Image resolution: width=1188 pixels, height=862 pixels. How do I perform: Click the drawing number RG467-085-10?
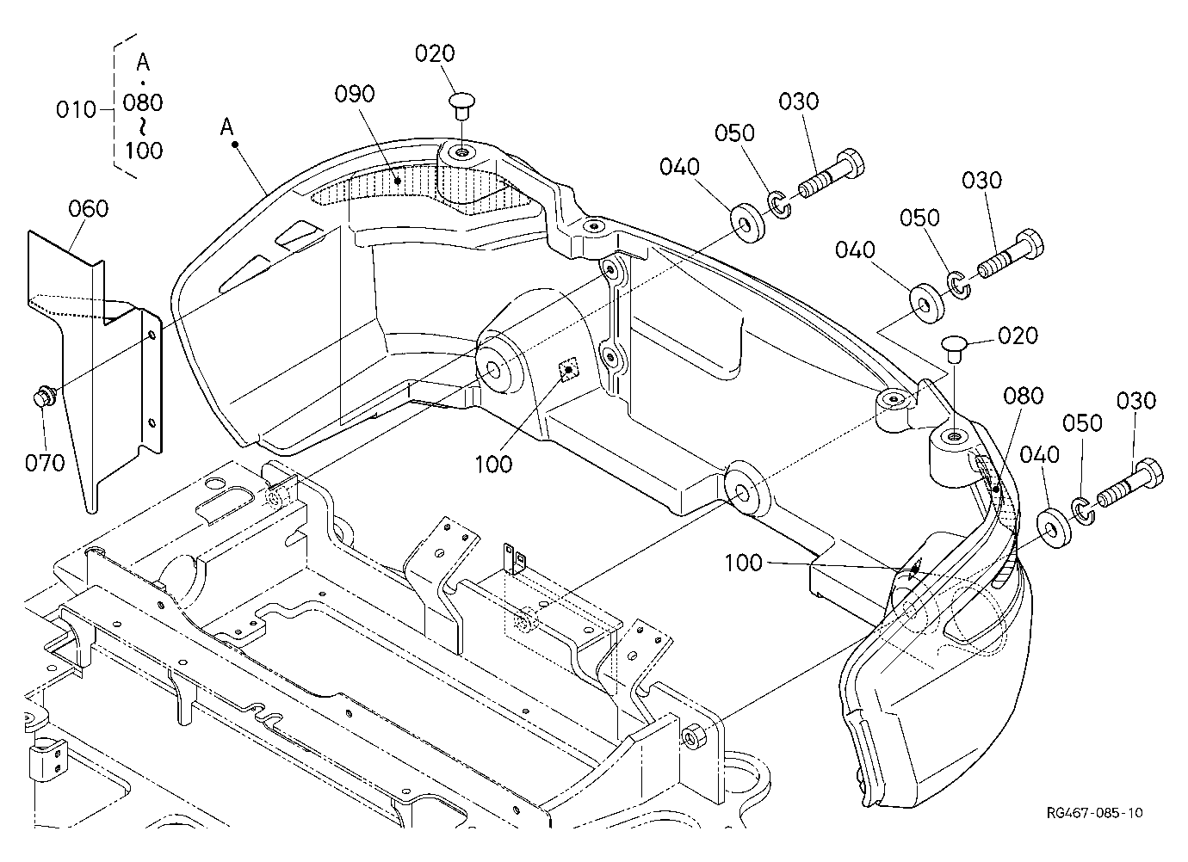(1095, 813)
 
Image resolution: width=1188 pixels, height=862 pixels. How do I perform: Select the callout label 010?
(76, 110)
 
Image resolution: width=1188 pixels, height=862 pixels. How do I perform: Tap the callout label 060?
(89, 209)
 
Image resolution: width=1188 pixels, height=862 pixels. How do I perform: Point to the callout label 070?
(45, 463)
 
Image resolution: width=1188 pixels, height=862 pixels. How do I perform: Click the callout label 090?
(355, 94)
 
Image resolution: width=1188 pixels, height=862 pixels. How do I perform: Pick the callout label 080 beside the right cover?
(1024, 396)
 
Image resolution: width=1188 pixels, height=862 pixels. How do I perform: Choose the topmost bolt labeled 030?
(831, 174)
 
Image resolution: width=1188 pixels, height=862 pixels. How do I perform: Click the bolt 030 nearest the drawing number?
(1129, 484)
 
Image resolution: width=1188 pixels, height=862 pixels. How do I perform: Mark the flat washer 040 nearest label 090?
(748, 223)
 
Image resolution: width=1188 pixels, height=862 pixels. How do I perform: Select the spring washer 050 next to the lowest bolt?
(1083, 511)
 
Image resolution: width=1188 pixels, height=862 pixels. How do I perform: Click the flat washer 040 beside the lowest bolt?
(1053, 528)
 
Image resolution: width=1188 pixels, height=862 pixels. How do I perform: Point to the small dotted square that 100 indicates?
(568, 369)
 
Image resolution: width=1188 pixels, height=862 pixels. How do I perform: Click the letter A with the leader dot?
(227, 127)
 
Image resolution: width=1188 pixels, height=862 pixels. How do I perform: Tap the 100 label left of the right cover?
(744, 563)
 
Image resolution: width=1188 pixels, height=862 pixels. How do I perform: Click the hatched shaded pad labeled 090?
(424, 188)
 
